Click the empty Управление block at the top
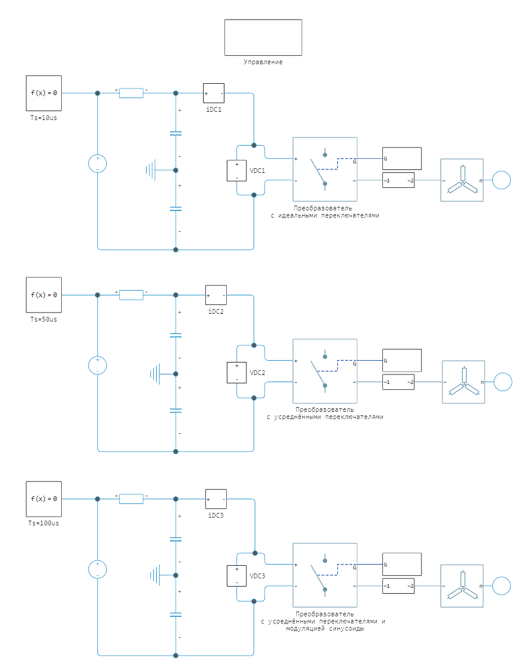pyautogui.click(x=263, y=37)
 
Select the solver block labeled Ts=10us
pyautogui.click(x=44, y=93)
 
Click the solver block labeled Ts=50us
pyautogui.click(x=44, y=295)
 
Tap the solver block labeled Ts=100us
pyautogui.click(x=44, y=499)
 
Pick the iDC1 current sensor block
pyautogui.click(x=214, y=93)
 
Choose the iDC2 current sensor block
pyautogui.click(x=216, y=295)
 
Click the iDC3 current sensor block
pyautogui.click(x=216, y=499)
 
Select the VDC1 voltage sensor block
pyautogui.click(x=236, y=171)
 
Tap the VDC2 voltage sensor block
pyautogui.click(x=236, y=373)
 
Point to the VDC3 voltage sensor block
pyautogui.click(x=236, y=576)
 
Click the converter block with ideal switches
pyautogui.click(x=325, y=169)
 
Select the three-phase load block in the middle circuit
pyautogui.click(x=463, y=382)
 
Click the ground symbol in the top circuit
pyautogui.click(x=151, y=170)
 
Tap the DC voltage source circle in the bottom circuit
pyautogui.click(x=97, y=569)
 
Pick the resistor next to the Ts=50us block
pyautogui.click(x=131, y=295)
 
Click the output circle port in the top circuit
pyautogui.click(x=502, y=180)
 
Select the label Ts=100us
pyautogui.click(x=44, y=524)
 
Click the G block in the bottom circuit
pyautogui.click(x=402, y=564)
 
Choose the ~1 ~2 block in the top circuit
pyautogui.click(x=398, y=180)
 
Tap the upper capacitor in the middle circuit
pyautogui.click(x=176, y=335)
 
